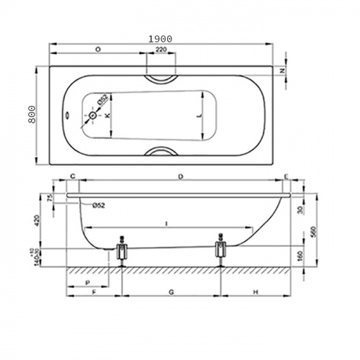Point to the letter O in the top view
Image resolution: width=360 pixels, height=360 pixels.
point(97,50)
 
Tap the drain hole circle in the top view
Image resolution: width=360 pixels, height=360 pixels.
point(93,115)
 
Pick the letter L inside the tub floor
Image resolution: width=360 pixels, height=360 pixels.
point(199,115)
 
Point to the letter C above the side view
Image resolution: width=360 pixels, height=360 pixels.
point(73,176)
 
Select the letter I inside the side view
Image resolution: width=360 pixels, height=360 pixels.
point(166,224)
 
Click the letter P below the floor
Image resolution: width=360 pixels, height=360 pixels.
point(86,282)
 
